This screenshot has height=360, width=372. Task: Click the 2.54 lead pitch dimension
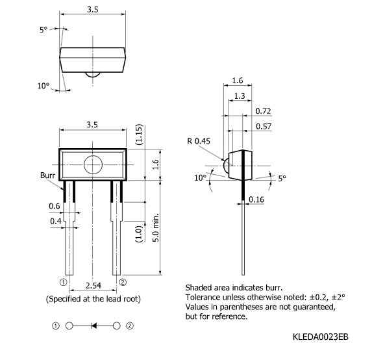coord(93,285)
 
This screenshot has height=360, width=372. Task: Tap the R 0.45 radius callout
coord(199,141)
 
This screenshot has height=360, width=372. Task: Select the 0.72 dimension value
coord(263,111)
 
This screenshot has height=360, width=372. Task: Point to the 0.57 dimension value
coord(264,126)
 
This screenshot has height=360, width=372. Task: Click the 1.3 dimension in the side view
coord(240,96)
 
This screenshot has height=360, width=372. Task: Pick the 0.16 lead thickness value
coord(256,199)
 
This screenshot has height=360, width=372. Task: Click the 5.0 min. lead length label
coord(155,227)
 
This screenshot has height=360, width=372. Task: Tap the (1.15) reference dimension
coord(139,135)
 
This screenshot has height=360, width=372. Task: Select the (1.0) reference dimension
coord(139,234)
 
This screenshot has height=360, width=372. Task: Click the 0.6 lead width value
coord(55,206)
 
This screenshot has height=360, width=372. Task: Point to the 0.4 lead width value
coord(56,222)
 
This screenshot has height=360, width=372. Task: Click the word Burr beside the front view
coord(47,175)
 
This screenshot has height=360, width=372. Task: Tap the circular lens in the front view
coord(93,165)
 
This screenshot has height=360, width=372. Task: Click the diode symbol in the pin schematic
coord(94,326)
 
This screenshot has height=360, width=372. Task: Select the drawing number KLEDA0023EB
coord(320,337)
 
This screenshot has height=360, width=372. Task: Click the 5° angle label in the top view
coord(43,30)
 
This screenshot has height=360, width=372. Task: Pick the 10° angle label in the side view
coord(201,177)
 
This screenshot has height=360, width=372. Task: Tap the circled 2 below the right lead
coord(123,282)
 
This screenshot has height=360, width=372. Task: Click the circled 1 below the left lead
coord(64,283)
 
